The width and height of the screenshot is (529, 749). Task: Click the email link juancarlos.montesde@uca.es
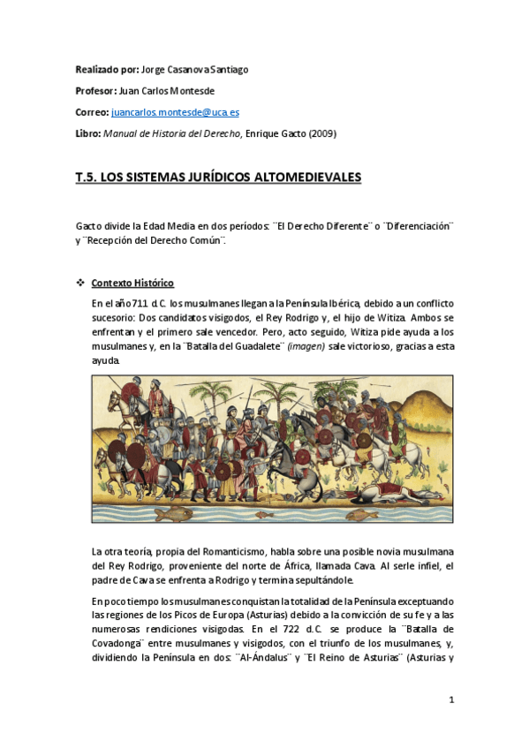(x=175, y=113)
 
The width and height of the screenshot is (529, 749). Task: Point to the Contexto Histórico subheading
(x=132, y=283)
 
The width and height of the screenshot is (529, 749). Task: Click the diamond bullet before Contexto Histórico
(x=80, y=283)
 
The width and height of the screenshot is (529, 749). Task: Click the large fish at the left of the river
(x=167, y=511)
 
